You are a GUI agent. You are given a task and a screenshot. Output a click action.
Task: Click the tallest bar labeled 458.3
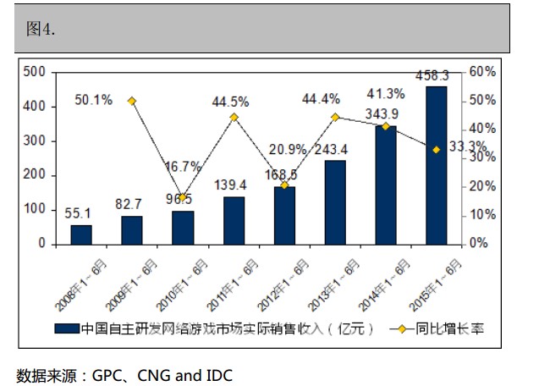coord(437,164)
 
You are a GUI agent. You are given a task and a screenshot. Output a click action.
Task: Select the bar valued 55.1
coord(81,234)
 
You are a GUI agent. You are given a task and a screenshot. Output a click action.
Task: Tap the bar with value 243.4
coord(335,201)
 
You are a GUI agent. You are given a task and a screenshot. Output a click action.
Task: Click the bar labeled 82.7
coord(132,229)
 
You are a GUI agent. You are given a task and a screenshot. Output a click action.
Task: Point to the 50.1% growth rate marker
coord(132,101)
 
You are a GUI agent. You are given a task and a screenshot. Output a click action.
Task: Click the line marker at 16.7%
coord(183,196)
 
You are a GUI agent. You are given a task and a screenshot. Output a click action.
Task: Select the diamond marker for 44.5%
coord(234,117)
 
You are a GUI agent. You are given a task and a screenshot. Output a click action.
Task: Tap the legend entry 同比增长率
coord(456,328)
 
